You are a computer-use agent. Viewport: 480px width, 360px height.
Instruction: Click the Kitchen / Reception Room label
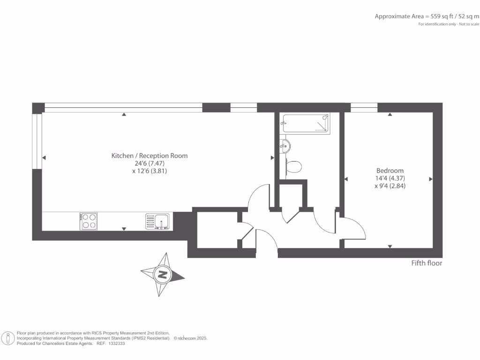coord(149,156)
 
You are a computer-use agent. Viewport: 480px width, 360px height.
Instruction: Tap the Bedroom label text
coord(390,171)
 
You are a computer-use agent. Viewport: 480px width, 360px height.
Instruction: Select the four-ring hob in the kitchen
coord(89,221)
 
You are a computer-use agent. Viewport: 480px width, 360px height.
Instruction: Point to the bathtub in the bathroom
coord(305,123)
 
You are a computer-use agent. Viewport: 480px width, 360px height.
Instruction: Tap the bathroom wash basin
coord(285,146)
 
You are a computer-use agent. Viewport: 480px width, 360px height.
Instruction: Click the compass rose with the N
coord(162,275)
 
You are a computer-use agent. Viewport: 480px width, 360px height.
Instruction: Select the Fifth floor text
coord(427,263)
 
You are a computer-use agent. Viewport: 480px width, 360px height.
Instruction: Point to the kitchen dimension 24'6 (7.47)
coord(149,164)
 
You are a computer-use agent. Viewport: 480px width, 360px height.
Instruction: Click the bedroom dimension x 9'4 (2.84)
coord(390,186)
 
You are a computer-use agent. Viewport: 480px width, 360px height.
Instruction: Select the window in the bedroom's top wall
coord(364,108)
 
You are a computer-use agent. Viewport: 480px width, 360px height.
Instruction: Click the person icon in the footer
coord(8,338)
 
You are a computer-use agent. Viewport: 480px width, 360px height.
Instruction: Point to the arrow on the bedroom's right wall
coord(431,179)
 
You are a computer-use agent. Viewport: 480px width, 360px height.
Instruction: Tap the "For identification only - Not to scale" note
coord(449,24)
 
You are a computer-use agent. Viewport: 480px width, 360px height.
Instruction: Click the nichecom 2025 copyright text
coord(190,338)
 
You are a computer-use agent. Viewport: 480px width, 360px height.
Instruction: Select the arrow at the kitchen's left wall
coord(44,157)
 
